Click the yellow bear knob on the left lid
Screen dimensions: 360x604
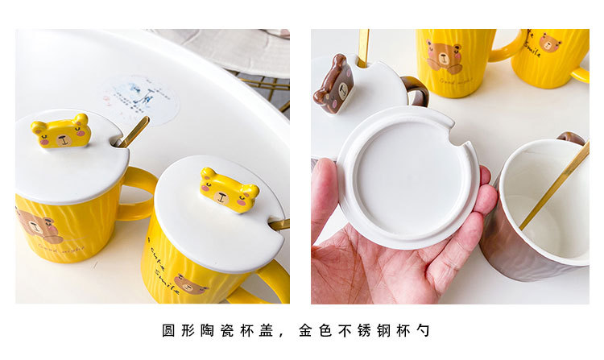click(x=60, y=132)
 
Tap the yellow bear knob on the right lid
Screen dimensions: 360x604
click(x=230, y=191)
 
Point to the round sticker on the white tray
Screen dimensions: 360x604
click(x=139, y=99)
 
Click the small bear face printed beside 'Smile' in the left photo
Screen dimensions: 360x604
click(x=190, y=284)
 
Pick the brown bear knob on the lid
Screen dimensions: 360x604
click(x=334, y=85)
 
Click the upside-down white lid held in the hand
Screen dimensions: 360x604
click(x=407, y=176)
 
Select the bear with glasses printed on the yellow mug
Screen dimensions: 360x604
click(x=444, y=57)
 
